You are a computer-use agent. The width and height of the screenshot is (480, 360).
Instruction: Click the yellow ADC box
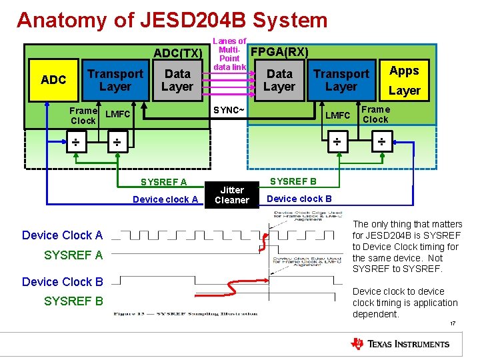53,80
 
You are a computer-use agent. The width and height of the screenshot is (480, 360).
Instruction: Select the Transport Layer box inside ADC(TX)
115,80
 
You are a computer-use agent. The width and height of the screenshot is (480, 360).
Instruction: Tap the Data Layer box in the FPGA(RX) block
279,80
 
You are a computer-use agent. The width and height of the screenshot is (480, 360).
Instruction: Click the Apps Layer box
404,80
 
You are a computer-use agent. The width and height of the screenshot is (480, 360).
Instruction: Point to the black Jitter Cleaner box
232,195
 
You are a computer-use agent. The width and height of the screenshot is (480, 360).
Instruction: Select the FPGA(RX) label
279,51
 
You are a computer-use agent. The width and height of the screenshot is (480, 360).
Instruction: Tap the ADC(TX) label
177,53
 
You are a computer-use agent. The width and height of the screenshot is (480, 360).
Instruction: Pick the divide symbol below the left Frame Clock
76,143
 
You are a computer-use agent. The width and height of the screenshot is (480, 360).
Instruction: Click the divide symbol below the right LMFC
337,142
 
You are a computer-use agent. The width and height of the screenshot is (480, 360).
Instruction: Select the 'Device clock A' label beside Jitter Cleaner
165,199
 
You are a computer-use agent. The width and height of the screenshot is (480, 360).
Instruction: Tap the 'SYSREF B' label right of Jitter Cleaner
293,181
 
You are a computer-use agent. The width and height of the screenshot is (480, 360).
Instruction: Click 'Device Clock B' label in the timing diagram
63,281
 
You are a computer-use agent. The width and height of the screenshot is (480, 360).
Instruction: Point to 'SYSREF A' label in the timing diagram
73,255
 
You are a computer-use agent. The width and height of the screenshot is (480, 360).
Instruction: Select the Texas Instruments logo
400,344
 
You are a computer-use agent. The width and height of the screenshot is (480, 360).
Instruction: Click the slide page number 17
453,325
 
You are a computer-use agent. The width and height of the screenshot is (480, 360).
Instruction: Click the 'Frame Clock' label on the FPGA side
375,115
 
